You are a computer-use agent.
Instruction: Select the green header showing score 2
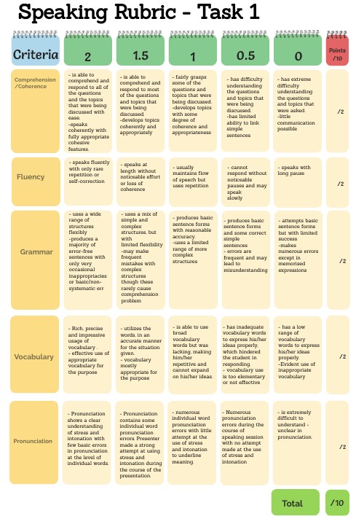pos(87,54)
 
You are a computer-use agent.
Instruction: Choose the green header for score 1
pos(192,54)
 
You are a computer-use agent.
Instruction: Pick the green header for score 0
pos(297,54)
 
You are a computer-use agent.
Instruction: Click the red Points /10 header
pos(339,53)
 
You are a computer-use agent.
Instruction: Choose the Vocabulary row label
pos(34,357)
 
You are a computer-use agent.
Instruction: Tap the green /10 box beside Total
pos(338,503)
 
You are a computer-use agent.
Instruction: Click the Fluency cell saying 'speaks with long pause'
pos(297,177)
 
